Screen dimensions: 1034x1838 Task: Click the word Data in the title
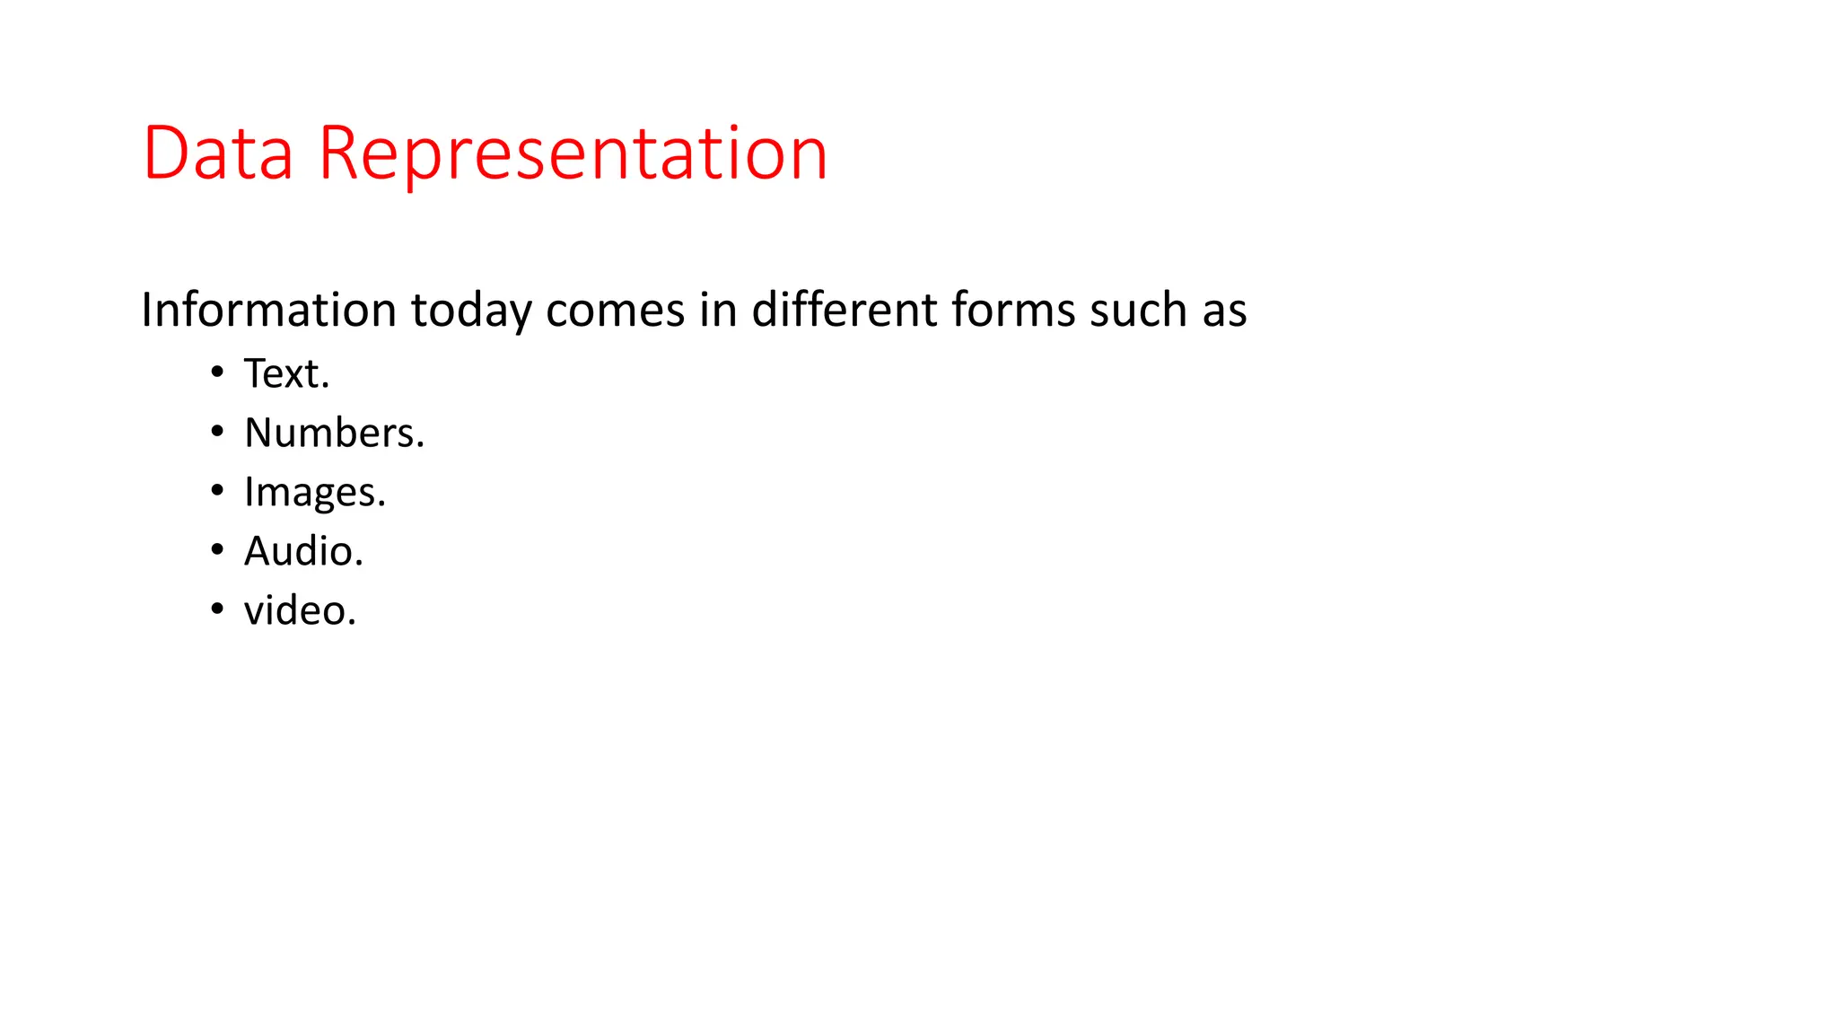[218, 153]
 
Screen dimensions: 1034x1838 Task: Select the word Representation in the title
[573, 153]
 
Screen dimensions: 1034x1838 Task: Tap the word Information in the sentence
[268, 311]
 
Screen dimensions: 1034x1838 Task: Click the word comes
[616, 311]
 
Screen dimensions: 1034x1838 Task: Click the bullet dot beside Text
[217, 372]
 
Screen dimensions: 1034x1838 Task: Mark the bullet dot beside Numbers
[217, 431]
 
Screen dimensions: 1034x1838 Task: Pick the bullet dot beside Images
[217, 490]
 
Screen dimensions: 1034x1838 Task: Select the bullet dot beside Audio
[217, 549]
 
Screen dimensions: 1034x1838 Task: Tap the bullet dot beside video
[217, 609]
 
